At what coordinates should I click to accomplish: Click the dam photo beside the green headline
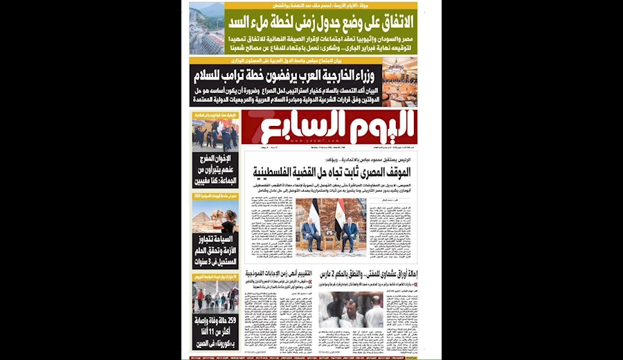pos(207,28)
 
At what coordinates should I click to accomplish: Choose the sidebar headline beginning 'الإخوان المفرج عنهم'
pos(215,171)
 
